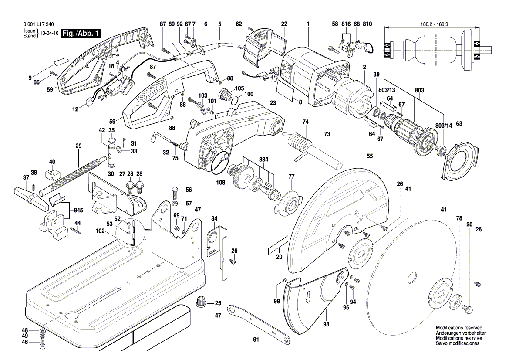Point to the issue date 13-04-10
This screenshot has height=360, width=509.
point(49,34)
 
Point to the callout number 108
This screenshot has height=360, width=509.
point(221,183)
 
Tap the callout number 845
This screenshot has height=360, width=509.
point(78,211)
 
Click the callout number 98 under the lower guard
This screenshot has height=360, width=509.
point(326,324)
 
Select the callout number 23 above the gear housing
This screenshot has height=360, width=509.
point(273,103)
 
